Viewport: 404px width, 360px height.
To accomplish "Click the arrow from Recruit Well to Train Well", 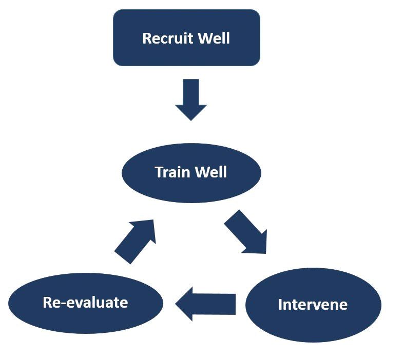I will click(191, 97).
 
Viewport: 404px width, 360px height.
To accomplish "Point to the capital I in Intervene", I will click(280, 305).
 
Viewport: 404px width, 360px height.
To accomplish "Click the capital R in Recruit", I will click(146, 38).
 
